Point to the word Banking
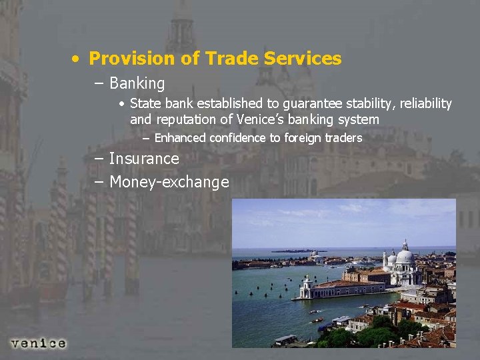[x=137, y=83]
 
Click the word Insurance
[x=144, y=159]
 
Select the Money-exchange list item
[x=169, y=182]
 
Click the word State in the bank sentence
[x=145, y=103]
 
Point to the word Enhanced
[x=180, y=138]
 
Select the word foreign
[x=303, y=138]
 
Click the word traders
[x=343, y=138]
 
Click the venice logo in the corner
[x=38, y=343]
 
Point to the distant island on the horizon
[x=293, y=251]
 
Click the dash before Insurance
[x=99, y=159]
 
